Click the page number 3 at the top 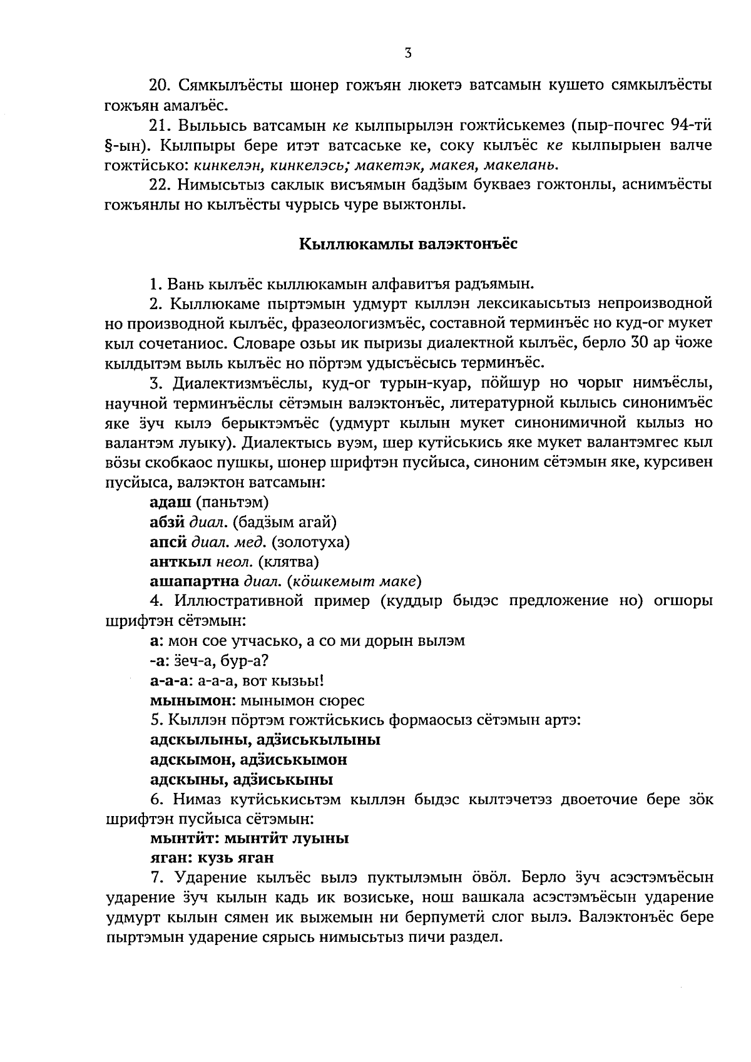pos(407,53)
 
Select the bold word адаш pos(170,502)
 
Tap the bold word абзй pos(168,521)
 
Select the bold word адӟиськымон pos(294,760)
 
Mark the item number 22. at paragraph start pos(160,185)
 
